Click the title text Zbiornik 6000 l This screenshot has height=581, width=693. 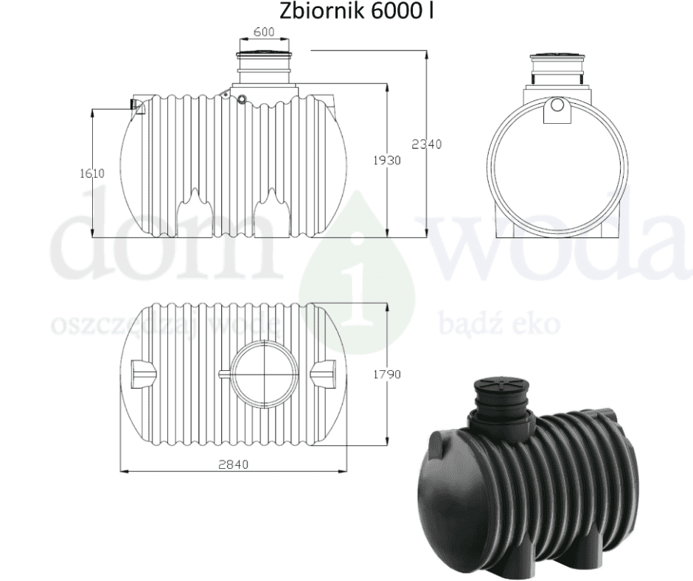(x=356, y=11)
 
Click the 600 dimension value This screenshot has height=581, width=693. (x=264, y=32)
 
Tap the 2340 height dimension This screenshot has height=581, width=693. (x=427, y=145)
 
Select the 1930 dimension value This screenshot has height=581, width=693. (x=387, y=160)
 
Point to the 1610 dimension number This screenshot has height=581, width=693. (x=92, y=173)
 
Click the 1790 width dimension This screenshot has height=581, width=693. (x=387, y=375)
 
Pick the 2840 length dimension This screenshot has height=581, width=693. (x=234, y=465)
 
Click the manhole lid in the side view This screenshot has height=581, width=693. (x=264, y=55)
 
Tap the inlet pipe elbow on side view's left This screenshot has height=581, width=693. (x=139, y=105)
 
